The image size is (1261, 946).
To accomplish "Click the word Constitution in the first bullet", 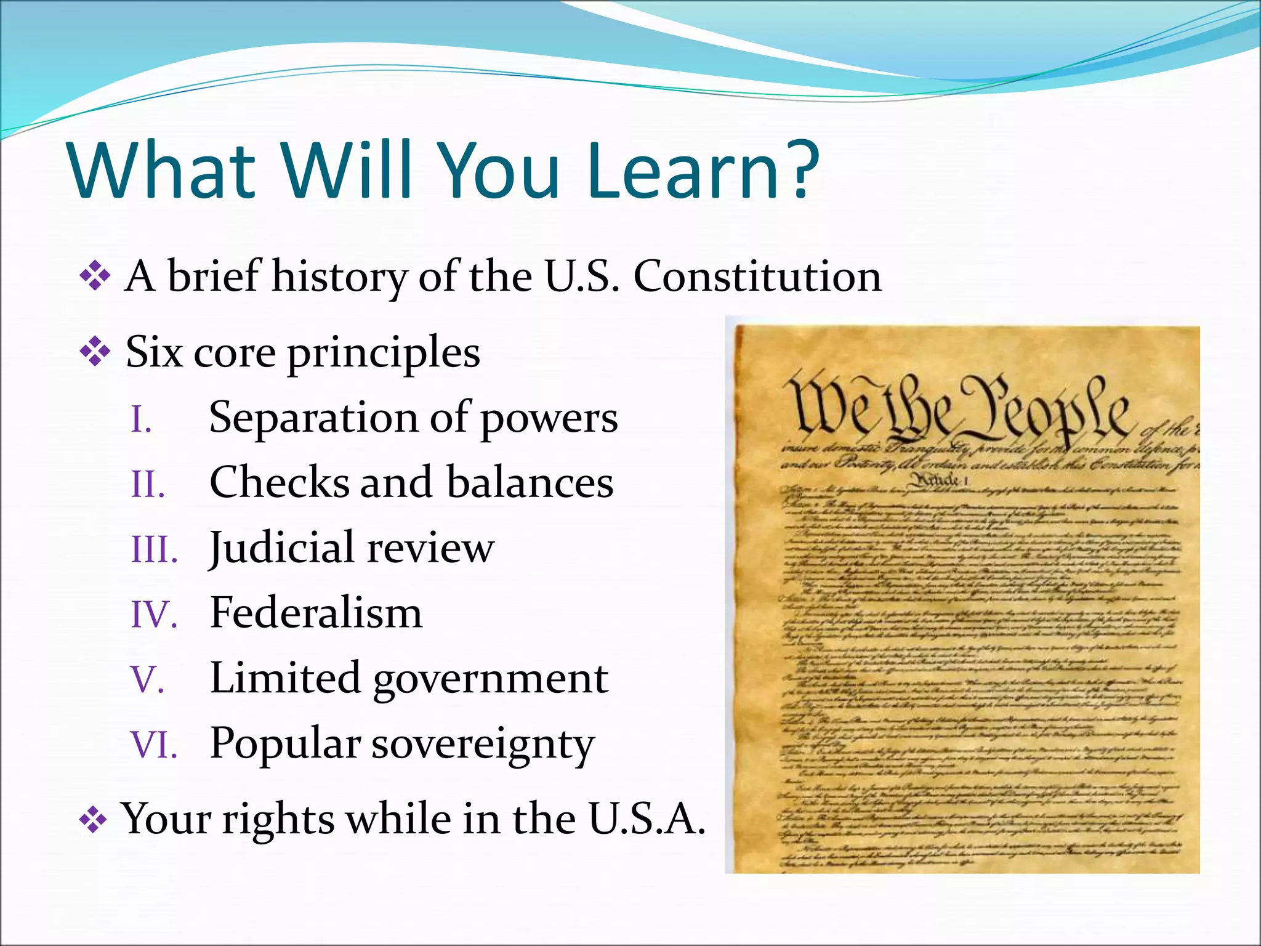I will (x=757, y=277).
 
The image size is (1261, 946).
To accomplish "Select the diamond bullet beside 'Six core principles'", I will (x=95, y=353).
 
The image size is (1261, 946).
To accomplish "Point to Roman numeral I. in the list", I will (x=142, y=421).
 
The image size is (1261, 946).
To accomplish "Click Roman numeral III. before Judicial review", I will (x=155, y=550).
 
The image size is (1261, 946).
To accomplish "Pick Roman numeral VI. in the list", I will (x=154, y=745).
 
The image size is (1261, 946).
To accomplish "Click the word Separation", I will (x=313, y=418).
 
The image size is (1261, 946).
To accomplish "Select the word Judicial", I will (x=283, y=548).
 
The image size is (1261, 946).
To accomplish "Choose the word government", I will (x=490, y=679).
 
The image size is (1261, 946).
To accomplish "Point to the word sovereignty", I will (x=483, y=745).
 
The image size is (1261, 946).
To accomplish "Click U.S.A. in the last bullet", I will (x=647, y=819).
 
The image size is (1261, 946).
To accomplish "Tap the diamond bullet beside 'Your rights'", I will (x=94, y=820).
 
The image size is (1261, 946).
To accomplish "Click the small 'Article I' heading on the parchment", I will (x=938, y=480).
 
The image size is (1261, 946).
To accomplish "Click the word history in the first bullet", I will (x=339, y=277).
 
